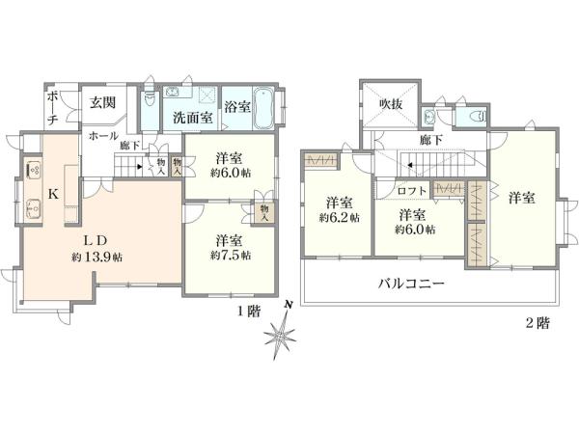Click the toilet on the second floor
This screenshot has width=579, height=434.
pos(475,116)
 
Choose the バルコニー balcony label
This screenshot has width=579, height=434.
pos(409,285)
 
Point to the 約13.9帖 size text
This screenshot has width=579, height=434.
pos(96,258)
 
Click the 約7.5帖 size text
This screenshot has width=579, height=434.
pos(229,256)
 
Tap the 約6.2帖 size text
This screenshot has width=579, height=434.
pos(339,218)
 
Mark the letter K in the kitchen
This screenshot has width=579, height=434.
pos(54,193)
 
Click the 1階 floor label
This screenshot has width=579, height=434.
pos(248,311)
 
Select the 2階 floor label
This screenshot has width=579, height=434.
pos(538,324)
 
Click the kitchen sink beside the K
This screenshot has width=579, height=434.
pos(32,205)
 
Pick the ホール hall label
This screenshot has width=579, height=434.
pos(103,137)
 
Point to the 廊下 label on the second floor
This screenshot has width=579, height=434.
pos(431,140)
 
